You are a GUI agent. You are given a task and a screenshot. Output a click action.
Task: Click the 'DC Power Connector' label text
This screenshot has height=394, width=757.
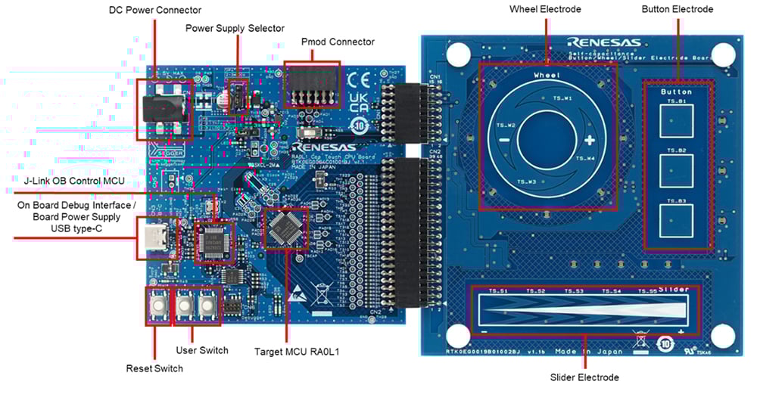click(x=155, y=10)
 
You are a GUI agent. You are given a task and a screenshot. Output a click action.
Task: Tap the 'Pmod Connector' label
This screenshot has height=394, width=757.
click(x=338, y=42)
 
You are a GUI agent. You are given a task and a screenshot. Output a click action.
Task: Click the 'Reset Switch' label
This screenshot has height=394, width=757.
click(x=154, y=368)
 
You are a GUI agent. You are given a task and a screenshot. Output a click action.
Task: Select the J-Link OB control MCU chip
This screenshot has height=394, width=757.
click(x=213, y=241)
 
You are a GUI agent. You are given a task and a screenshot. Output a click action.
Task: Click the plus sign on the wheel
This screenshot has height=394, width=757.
click(x=589, y=140)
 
